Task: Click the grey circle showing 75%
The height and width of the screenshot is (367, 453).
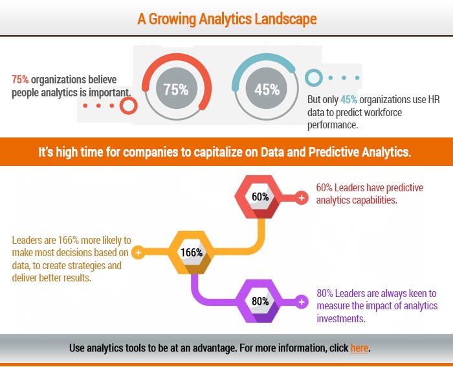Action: click(177, 88)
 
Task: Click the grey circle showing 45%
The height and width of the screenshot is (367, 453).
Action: click(267, 88)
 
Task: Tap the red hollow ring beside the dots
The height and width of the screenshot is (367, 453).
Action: click(129, 106)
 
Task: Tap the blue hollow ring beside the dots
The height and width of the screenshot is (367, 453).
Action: click(314, 78)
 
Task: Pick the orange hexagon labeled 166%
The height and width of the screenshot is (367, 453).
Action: click(192, 252)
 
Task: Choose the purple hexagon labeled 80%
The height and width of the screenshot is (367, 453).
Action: click(259, 301)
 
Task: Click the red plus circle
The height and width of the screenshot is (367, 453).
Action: click(302, 198)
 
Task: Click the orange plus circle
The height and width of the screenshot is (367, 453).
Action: click(138, 253)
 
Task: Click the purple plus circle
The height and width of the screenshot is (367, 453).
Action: click(302, 302)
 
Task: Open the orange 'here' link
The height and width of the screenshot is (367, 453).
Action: click(359, 348)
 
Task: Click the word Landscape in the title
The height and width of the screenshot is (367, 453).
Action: click(285, 19)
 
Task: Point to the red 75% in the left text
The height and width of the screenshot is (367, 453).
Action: click(20, 79)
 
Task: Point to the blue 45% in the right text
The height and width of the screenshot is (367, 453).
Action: click(349, 100)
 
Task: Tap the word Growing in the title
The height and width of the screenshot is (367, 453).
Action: click(172, 19)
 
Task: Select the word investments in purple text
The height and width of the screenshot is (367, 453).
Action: click(341, 318)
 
